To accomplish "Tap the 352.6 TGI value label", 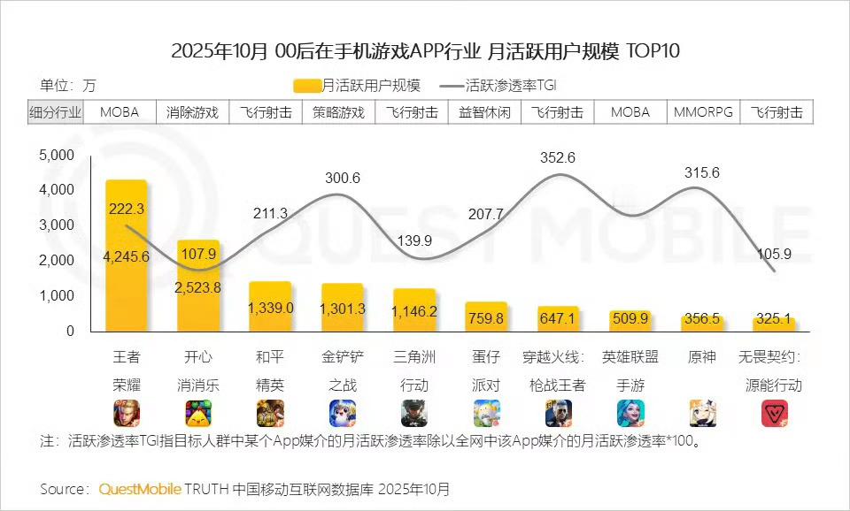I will pos(557,157).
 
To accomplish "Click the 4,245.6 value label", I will pos(126,256).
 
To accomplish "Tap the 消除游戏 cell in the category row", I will pos(192,112).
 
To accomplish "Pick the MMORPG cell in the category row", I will pos(702,112).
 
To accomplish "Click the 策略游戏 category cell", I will pos(338,112).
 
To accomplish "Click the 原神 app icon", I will pos(702,413).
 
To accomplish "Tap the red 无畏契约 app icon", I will pos(775,413).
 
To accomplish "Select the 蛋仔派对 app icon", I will pos(485,413).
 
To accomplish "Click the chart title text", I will pos(425,50).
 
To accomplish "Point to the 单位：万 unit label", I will pos(67,86).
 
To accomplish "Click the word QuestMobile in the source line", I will pos(140,489).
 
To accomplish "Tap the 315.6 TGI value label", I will pos(702,173).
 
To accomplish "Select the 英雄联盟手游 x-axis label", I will pos(630,371).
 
